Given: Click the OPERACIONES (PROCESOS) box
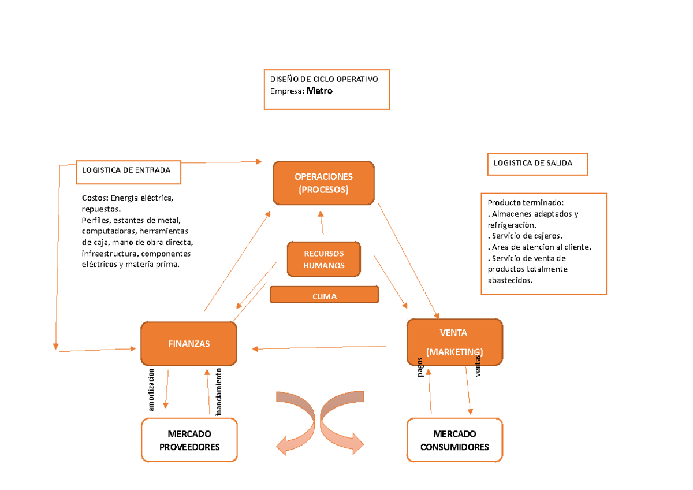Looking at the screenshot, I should (323, 183).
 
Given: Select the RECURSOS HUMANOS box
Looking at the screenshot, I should (324, 259).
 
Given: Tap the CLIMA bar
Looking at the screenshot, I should (324, 295).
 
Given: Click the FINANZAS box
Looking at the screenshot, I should (189, 344).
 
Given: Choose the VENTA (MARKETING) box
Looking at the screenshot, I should (454, 342).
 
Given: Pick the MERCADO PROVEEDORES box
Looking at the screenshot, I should (189, 440).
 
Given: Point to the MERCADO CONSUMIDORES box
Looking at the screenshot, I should (454, 440).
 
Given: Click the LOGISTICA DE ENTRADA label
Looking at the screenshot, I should (128, 170).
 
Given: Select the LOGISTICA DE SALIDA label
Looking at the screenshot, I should (536, 164).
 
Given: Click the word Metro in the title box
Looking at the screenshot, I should (319, 91).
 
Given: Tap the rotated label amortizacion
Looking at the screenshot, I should (151, 390).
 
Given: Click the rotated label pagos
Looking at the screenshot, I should (420, 367).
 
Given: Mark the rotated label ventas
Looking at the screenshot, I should (478, 366).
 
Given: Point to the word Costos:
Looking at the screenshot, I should (95, 198).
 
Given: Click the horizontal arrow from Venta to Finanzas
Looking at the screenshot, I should (319, 347).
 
